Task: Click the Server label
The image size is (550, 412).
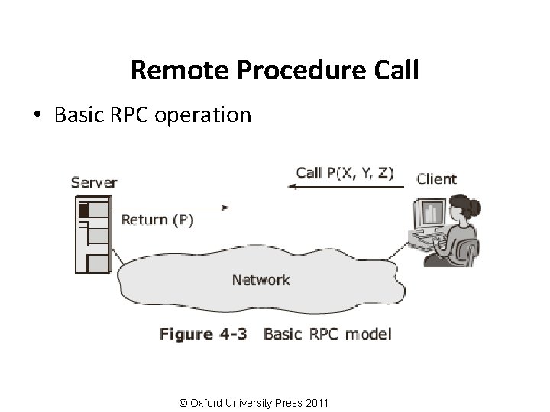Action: click(94, 182)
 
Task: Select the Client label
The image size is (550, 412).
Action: click(436, 179)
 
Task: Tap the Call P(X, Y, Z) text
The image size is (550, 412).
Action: click(345, 172)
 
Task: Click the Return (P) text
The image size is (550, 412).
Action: click(157, 220)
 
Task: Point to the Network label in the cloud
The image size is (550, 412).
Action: click(260, 279)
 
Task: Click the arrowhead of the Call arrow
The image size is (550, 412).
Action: click(292, 186)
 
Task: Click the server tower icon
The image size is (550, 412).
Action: click(92, 234)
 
